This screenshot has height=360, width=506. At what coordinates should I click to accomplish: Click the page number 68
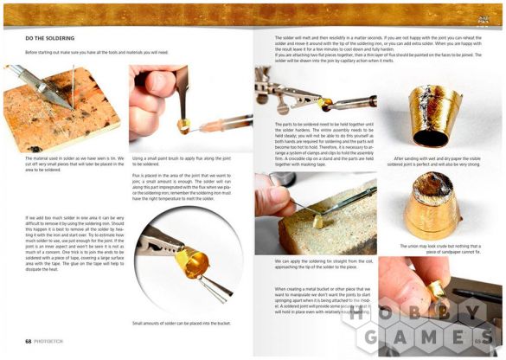click(x=29, y=342)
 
